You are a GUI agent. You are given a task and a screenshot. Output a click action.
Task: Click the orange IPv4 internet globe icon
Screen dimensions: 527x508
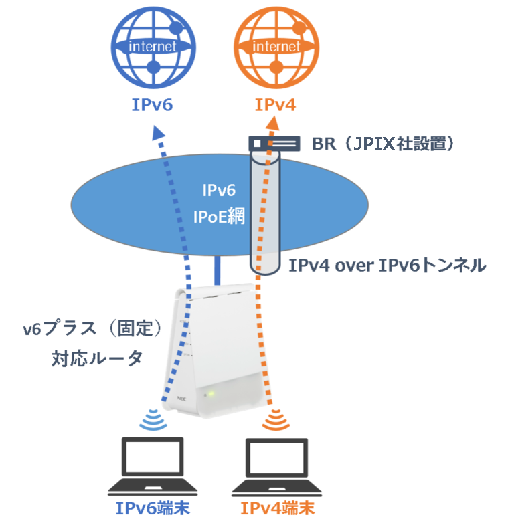pyautogui.click(x=276, y=47)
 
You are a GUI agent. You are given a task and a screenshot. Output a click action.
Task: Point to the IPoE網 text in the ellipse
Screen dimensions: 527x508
pyautogui.click(x=219, y=217)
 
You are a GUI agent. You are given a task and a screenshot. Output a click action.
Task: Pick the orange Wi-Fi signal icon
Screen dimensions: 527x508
pyautogui.click(x=274, y=420)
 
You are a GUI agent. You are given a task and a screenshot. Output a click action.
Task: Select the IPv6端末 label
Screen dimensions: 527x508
pyautogui.click(x=153, y=508)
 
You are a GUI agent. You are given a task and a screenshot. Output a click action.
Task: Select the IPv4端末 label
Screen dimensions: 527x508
pyautogui.click(x=277, y=508)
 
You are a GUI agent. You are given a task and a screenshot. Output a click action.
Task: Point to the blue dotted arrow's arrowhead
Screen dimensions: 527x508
pyautogui.click(x=161, y=132)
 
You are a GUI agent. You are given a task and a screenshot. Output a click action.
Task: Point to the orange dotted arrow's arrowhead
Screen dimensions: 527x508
pyautogui.click(x=273, y=122)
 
